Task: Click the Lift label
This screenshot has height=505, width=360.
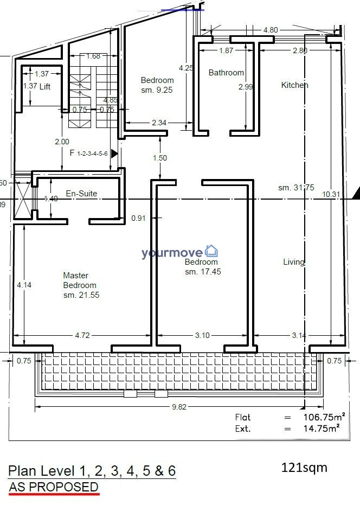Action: click(45, 86)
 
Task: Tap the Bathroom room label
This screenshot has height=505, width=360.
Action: click(226, 73)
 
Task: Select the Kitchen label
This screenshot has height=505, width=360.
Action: click(294, 85)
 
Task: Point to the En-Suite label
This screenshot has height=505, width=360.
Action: click(81, 193)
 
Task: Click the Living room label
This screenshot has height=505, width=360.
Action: click(294, 262)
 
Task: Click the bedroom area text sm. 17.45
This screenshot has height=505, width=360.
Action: click(203, 272)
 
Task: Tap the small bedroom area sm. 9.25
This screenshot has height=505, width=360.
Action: click(157, 90)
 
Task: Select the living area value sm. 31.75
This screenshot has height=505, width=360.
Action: click(296, 188)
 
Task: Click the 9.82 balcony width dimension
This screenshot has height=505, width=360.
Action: click(179, 407)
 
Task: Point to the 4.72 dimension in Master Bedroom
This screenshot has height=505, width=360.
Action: click(82, 335)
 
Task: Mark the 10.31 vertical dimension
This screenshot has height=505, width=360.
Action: click(331, 194)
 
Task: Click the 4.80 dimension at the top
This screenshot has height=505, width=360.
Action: click(271, 30)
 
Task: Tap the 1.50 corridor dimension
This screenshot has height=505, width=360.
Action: click(160, 158)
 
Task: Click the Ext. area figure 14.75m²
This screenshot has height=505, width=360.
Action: click(322, 429)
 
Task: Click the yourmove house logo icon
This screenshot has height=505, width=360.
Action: click(211, 251)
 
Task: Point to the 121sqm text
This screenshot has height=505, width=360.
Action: click(304, 468)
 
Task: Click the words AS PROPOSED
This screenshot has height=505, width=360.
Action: click(54, 487)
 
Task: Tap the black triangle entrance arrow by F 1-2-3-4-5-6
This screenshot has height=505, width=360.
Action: click(114, 154)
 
